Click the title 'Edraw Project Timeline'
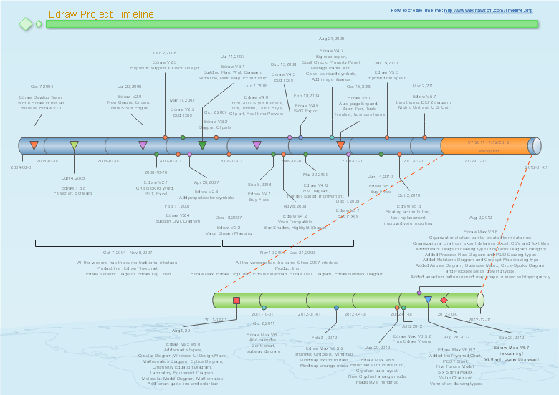pos(101,14)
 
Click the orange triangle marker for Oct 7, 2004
pos(34,145)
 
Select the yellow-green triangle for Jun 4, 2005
pos(74,145)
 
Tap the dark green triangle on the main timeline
pos(202,145)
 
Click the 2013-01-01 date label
pos(536,167)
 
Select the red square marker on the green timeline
pos(236,301)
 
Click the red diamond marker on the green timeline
pos(444,300)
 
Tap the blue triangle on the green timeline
pos(428,300)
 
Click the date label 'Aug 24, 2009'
pos(331,39)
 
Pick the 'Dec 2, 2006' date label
pos(165,53)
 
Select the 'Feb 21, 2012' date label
pos(325,337)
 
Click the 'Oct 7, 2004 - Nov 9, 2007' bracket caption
pos(127,252)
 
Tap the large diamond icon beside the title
pos(26,24)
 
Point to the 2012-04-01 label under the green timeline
pos(355,314)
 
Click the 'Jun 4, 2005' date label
pos(74,177)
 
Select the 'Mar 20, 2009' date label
pos(315,175)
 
